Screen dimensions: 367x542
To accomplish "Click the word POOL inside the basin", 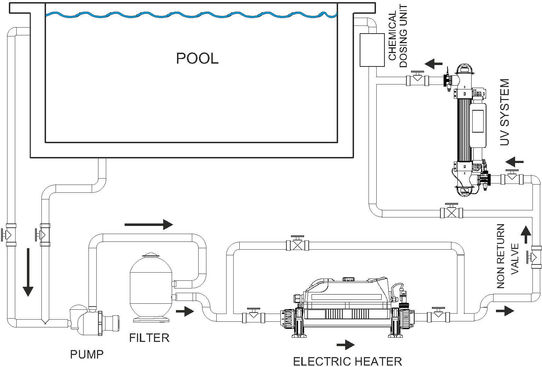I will (x=197, y=58).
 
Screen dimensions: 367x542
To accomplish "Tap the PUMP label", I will (x=87, y=354).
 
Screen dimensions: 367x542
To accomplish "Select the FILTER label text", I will (x=149, y=338).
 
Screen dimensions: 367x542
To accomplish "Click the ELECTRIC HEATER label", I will (x=347, y=361).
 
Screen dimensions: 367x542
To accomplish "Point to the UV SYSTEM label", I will (x=504, y=112).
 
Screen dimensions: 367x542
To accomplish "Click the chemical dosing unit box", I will (x=372, y=50).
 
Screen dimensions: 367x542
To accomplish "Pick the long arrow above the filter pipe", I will (x=149, y=224).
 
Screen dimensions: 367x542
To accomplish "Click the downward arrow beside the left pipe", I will (x=28, y=272).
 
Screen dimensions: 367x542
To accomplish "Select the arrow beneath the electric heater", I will (x=345, y=344).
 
